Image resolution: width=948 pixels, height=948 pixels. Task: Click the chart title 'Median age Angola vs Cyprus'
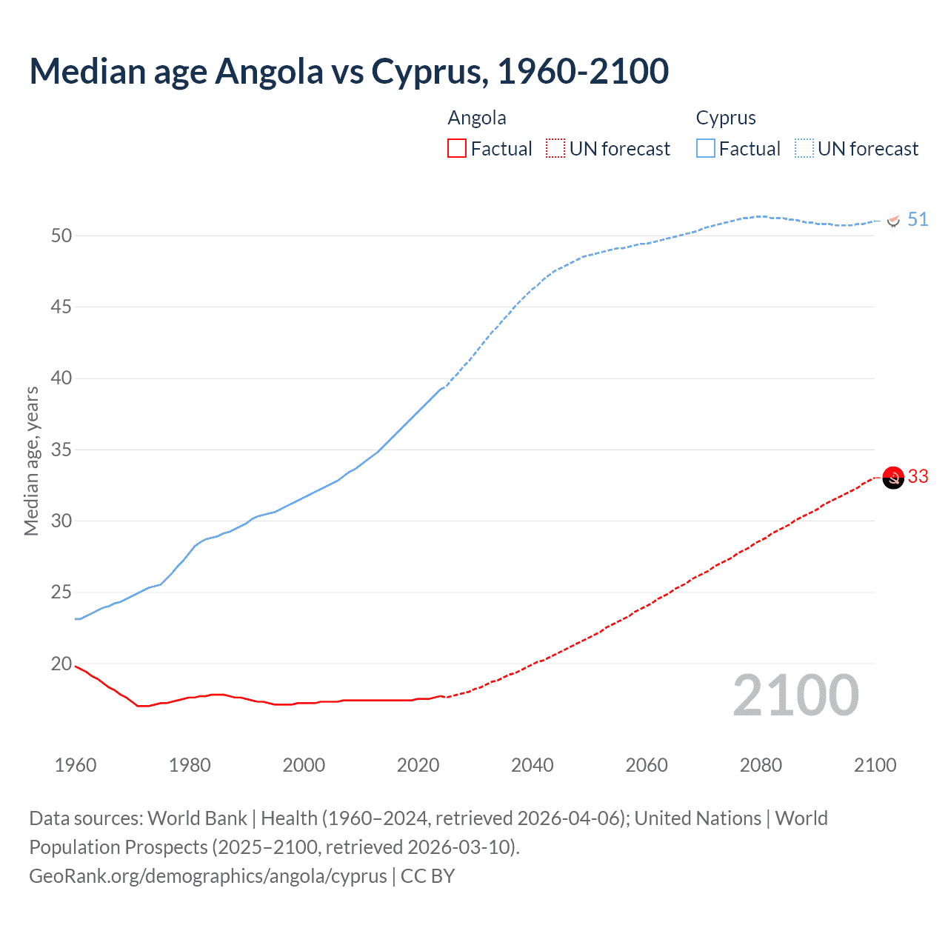pos(349,71)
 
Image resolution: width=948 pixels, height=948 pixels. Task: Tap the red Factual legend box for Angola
pos(457,149)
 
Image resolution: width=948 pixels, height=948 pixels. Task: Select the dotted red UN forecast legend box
pos(555,149)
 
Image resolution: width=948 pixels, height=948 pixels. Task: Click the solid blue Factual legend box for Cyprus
pos(706,149)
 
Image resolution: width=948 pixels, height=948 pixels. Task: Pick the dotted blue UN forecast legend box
pos(804,149)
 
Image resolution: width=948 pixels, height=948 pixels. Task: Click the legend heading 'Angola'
pos(477,118)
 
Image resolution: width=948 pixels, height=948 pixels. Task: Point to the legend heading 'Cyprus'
pos(726,118)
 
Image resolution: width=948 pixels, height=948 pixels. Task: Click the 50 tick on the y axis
pos(61,236)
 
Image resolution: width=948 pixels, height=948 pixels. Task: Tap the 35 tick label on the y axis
pos(61,450)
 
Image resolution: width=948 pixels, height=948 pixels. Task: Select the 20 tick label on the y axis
pos(61,664)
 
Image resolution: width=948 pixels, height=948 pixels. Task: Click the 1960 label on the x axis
pos(76,765)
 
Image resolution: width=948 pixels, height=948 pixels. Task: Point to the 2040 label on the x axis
pos(533,765)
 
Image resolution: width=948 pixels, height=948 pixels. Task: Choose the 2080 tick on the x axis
pos(761,765)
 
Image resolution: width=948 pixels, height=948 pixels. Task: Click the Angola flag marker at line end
pos(893,478)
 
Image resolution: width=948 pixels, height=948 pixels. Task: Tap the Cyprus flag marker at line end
pos(893,220)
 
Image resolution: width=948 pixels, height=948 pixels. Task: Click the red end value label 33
pos(918,476)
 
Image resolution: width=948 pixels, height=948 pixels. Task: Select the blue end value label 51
pos(918,219)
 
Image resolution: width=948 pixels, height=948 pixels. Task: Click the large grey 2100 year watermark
pos(795,696)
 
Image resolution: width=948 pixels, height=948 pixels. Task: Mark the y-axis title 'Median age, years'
pos(31,461)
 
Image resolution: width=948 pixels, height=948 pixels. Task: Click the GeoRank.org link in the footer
pos(207,876)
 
